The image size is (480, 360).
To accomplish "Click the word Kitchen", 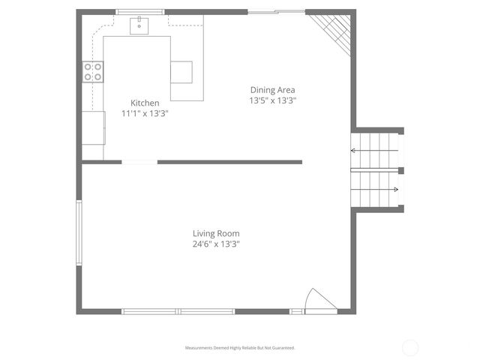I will click(145, 103).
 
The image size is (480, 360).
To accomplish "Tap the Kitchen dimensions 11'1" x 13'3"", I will click(145, 114).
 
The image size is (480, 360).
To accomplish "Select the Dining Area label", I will click(273, 90).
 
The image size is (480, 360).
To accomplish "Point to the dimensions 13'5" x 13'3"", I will click(273, 100).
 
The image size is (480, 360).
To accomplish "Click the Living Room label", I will click(216, 233).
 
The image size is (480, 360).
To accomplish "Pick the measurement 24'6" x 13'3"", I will click(216, 244).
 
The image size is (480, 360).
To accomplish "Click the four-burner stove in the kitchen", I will click(93, 71).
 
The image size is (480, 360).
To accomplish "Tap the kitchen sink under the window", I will click(140, 26).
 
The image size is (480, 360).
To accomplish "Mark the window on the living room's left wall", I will click(79, 232).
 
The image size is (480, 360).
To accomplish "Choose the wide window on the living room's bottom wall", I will click(178, 311).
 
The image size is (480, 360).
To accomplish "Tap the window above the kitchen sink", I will click(140, 12).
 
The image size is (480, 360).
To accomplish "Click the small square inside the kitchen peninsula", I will click(181, 72).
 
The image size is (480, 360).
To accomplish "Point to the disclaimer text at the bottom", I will click(240, 348).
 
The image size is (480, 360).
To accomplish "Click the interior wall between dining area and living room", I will click(229, 162).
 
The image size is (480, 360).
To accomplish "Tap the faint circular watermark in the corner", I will click(410, 347).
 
